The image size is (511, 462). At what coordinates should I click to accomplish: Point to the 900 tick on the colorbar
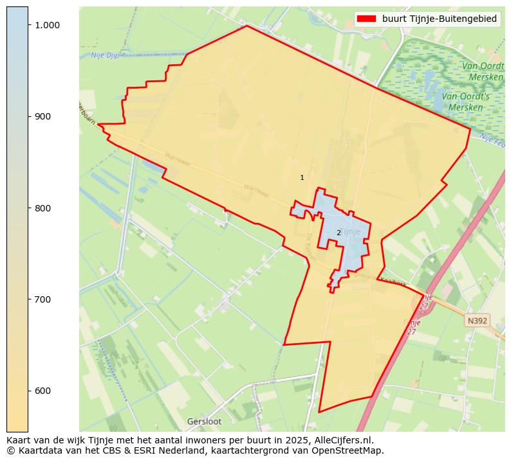pos(42,116)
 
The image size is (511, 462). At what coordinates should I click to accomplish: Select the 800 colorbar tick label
pos(42,208)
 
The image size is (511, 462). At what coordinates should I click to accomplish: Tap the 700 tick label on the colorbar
pos(42,299)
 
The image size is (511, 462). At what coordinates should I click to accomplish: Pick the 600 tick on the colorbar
pos(42,391)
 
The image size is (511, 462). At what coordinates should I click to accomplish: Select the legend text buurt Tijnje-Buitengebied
pos(439,19)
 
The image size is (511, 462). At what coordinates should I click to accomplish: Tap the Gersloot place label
pos(204,422)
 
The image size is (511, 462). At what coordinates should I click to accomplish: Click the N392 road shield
pos(478,320)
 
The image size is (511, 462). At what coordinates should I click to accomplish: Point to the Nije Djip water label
pos(106,55)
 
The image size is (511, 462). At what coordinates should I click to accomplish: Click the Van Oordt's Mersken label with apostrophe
pos(469,102)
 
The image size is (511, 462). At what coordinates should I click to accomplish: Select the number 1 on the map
pos(302,177)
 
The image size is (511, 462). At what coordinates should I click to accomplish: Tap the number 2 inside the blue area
pos(339,233)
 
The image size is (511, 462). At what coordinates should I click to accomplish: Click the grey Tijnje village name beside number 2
pos(351,231)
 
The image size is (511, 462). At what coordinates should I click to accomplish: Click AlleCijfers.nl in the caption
pos(341,440)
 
